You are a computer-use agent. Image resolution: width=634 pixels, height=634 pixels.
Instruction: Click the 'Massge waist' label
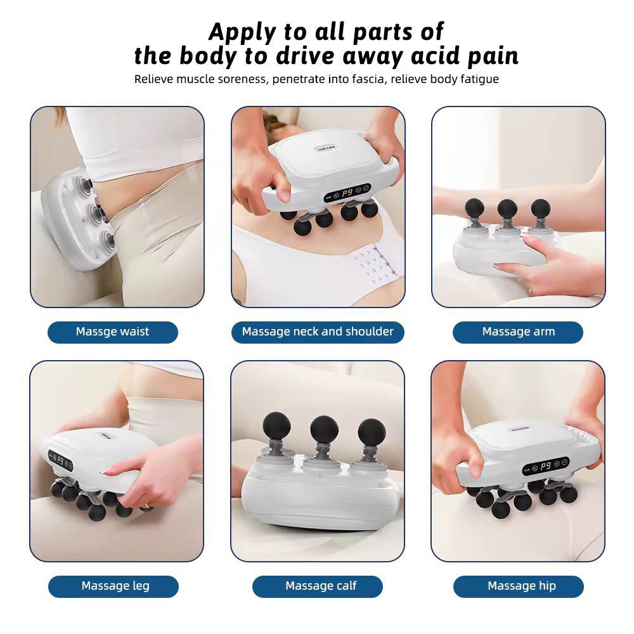112,332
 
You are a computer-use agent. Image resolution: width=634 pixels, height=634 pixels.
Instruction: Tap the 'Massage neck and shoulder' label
318,332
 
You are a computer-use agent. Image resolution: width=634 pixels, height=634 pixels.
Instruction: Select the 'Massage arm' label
518,332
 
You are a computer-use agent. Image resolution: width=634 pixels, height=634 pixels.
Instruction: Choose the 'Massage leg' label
115,586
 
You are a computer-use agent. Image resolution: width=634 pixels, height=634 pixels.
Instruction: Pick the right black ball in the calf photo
372,432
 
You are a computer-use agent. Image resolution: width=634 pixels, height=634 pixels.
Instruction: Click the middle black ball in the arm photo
507,209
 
